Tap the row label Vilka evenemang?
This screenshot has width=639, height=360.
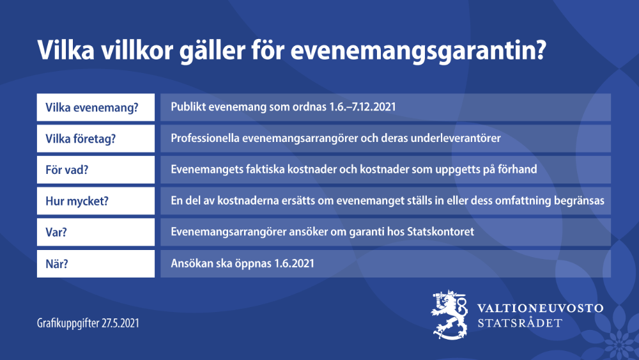(92, 107)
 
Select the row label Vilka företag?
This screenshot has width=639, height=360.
(80, 138)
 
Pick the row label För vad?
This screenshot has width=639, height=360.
(67, 169)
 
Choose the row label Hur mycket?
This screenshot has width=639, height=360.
(77, 201)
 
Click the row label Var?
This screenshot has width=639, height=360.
(56, 232)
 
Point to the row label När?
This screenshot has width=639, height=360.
(58, 263)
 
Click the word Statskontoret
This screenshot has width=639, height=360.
(440, 232)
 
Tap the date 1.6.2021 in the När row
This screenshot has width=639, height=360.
(292, 263)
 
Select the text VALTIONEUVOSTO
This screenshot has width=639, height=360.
(540, 308)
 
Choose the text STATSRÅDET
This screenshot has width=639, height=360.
(521, 323)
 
